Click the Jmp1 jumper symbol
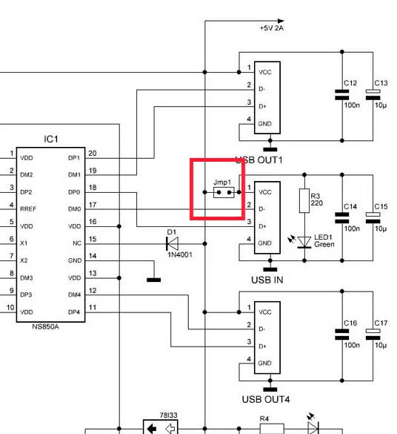(x=224, y=192)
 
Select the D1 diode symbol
(x=172, y=243)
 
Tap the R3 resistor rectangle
(x=304, y=200)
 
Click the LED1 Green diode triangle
(x=304, y=243)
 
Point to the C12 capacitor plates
(x=342, y=95)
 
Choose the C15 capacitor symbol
(x=373, y=218)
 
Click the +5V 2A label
(x=272, y=28)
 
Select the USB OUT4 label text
(x=266, y=399)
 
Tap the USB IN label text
(x=267, y=280)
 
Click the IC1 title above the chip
(x=51, y=139)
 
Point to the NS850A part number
(x=45, y=326)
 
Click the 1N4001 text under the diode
(x=180, y=254)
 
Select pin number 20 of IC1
(x=93, y=154)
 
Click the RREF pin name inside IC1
(x=28, y=209)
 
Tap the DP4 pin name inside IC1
(x=74, y=312)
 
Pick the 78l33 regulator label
(x=169, y=415)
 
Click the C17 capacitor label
(x=381, y=323)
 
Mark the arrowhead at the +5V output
(x=281, y=21)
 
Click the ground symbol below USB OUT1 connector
(x=270, y=149)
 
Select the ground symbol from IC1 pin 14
(x=154, y=280)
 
